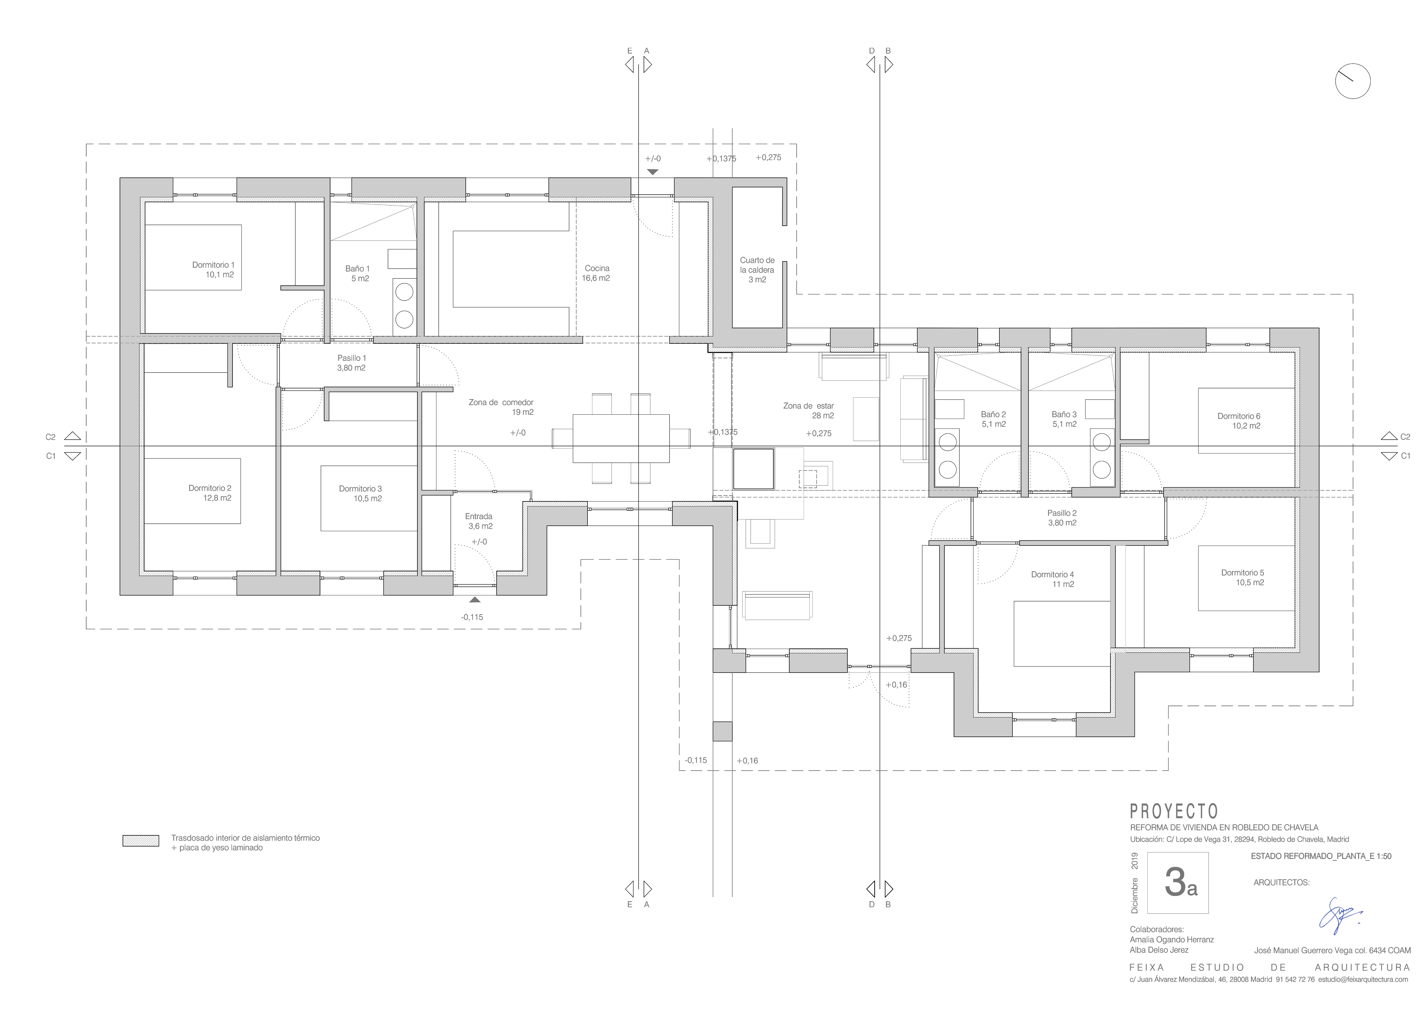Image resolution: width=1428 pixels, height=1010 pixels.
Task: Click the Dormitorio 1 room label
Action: tap(213, 269)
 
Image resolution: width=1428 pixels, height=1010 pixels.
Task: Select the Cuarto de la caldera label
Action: tap(757, 270)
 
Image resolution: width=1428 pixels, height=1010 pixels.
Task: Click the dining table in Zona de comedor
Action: tap(621, 438)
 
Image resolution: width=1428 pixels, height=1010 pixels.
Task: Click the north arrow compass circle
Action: tap(1353, 81)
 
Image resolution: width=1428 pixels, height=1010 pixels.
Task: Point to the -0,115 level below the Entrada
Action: tap(471, 617)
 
